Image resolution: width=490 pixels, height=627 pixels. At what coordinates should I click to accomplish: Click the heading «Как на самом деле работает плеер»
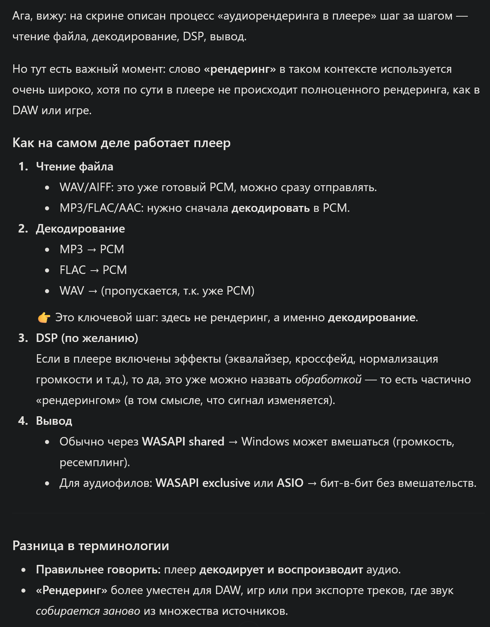tap(121, 143)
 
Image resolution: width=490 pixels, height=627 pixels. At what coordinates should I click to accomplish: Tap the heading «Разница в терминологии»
tap(91, 546)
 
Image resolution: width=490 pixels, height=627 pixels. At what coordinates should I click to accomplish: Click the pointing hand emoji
tap(44, 318)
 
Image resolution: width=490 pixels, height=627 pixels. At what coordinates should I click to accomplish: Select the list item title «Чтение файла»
tap(74, 166)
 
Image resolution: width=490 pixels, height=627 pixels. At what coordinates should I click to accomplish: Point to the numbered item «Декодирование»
tap(80, 228)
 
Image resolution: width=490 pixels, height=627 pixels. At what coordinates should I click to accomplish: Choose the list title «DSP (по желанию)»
tap(87, 338)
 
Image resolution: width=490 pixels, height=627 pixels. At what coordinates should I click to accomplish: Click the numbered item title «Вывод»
tap(54, 421)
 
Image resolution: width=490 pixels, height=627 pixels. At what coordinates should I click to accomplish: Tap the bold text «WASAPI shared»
tap(183, 441)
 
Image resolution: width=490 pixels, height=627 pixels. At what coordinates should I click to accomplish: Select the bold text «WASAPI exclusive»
tap(203, 483)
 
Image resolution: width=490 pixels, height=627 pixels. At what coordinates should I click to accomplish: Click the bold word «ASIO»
tap(290, 483)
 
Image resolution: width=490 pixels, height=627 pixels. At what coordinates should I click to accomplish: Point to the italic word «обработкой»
tap(328, 379)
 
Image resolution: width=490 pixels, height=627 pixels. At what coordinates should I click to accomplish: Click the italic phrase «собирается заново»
tap(88, 611)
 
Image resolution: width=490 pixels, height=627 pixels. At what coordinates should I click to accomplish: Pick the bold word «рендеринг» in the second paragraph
tap(239, 69)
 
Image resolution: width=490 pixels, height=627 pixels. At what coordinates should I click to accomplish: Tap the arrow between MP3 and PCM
tap(91, 250)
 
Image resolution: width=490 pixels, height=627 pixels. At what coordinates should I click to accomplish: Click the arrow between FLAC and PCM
tap(94, 270)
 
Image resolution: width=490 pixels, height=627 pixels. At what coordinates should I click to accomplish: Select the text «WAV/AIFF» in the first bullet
tap(85, 187)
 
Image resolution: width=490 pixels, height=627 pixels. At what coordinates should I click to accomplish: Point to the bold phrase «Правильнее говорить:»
tap(98, 569)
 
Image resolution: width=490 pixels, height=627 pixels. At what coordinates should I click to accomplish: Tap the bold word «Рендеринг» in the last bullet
tap(71, 590)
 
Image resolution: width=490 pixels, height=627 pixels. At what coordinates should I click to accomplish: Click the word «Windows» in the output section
tap(265, 441)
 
